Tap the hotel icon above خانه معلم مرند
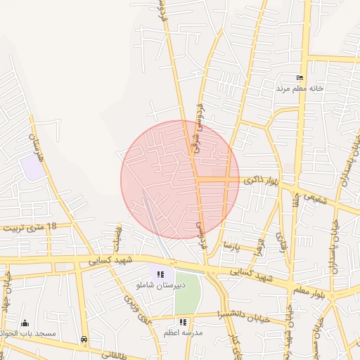(x=300, y=77)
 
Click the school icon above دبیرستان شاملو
(x=161, y=274)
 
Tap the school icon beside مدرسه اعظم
(x=183, y=322)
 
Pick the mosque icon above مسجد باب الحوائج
(x=25, y=323)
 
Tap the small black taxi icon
(x=84, y=339)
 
